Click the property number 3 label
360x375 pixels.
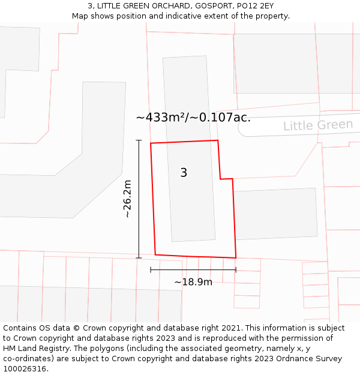[x=184, y=173]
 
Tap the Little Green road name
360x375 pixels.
[x=318, y=125]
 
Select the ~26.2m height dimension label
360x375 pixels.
[x=127, y=199]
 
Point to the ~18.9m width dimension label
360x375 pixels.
[x=193, y=282]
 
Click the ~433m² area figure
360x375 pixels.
[x=161, y=118]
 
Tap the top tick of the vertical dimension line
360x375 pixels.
[x=139, y=140]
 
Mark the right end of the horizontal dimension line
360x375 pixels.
[x=236, y=270]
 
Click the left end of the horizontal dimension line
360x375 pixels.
[x=151, y=270]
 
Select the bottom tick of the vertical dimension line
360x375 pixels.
[x=139, y=258]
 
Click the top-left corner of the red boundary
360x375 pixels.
[x=151, y=143]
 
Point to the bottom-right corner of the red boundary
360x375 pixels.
[x=236, y=257]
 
